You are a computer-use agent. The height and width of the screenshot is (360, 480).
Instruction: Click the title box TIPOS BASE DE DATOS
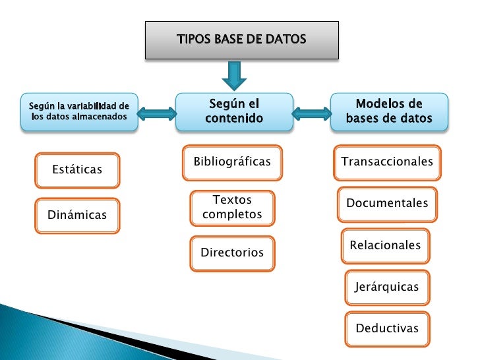pyautogui.click(x=241, y=40)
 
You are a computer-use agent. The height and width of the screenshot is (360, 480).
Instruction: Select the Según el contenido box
pyautogui.click(x=234, y=111)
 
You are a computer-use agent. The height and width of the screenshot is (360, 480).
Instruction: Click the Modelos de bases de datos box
pyautogui.click(x=389, y=111)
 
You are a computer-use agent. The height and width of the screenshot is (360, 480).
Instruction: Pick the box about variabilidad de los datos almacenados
pyautogui.click(x=80, y=111)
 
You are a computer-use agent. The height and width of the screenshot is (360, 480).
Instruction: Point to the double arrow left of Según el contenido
pyautogui.click(x=158, y=113)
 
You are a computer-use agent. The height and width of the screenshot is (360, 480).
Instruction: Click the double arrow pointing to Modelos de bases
pyautogui.click(x=311, y=113)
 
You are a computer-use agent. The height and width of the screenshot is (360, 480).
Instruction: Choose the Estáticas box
pyautogui.click(x=77, y=170)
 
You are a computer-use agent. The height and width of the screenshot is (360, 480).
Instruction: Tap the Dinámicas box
pyautogui.click(x=77, y=214)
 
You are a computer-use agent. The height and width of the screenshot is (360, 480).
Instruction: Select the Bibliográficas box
pyautogui.click(x=232, y=162)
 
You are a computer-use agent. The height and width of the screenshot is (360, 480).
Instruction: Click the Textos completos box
pyautogui.click(x=232, y=207)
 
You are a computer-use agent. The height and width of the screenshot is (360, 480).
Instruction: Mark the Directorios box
pyautogui.click(x=232, y=253)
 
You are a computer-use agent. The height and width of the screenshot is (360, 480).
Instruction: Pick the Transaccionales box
pyautogui.click(x=387, y=162)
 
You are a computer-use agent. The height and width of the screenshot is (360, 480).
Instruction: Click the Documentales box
pyautogui.click(x=387, y=204)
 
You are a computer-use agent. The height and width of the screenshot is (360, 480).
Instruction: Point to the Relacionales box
pyautogui.click(x=385, y=245)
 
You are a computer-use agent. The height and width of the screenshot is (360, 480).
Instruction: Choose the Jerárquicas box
pyautogui.click(x=386, y=287)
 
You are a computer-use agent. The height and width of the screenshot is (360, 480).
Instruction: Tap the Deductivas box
pyautogui.click(x=387, y=328)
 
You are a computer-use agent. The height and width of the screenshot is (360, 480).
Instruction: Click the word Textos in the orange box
pyautogui.click(x=232, y=200)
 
